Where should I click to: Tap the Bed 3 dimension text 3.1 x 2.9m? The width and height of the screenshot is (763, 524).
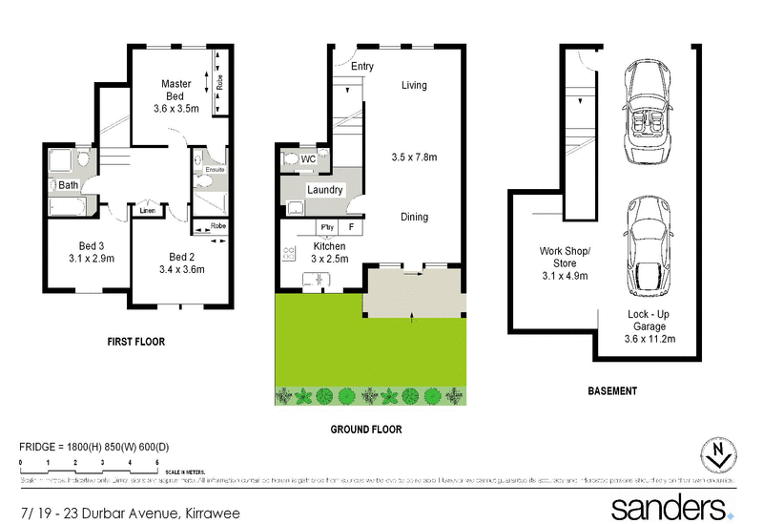(92, 258)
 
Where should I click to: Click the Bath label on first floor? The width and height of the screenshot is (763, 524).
(69, 185)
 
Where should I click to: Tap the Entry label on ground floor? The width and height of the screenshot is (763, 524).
(362, 67)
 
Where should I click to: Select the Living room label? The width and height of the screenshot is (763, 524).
(414, 86)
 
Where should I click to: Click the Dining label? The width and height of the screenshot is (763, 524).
(414, 217)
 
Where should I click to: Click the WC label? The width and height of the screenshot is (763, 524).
(308, 158)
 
